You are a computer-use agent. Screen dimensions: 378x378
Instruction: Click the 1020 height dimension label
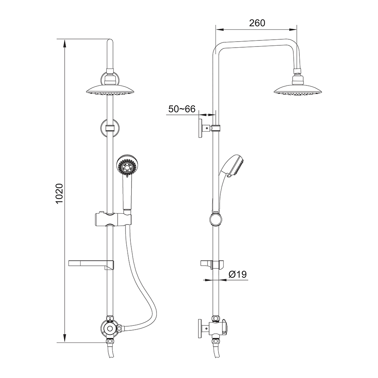59,194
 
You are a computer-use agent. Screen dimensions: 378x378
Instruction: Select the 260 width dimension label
257,23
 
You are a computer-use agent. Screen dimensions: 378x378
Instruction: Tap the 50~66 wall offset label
182,109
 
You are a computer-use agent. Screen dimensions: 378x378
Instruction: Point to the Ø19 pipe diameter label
237,274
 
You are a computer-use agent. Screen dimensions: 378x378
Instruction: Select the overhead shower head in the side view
298,90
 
